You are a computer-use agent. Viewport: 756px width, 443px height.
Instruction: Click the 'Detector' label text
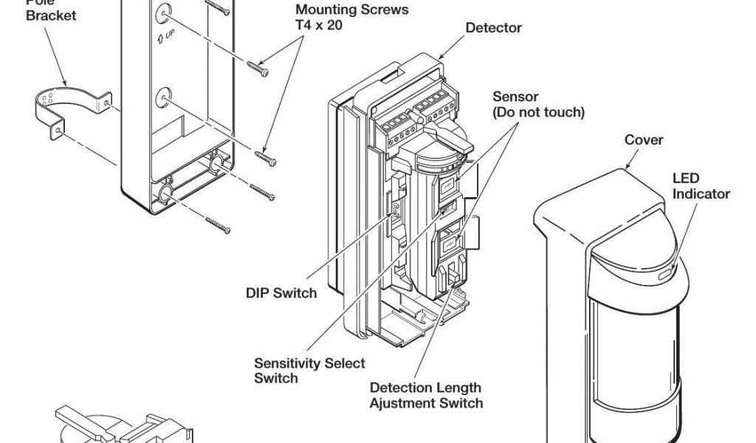click(x=493, y=28)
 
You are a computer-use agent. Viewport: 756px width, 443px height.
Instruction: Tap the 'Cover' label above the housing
click(x=644, y=140)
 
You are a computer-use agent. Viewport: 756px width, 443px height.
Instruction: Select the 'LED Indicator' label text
click(x=701, y=187)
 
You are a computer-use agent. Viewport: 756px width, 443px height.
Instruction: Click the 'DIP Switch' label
click(x=281, y=293)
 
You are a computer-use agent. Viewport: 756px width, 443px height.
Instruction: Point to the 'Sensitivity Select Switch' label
click(x=309, y=371)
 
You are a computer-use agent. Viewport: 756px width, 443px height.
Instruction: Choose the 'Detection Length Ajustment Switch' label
click(x=426, y=395)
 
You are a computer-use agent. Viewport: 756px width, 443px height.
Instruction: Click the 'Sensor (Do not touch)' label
click(x=538, y=105)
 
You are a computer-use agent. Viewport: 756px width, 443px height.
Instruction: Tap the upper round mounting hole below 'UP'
click(x=164, y=97)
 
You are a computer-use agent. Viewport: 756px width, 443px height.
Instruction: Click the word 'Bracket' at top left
click(x=51, y=16)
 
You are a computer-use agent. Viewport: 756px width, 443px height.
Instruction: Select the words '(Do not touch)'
click(x=538, y=112)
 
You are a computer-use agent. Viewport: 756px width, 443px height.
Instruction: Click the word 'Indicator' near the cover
click(x=701, y=194)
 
